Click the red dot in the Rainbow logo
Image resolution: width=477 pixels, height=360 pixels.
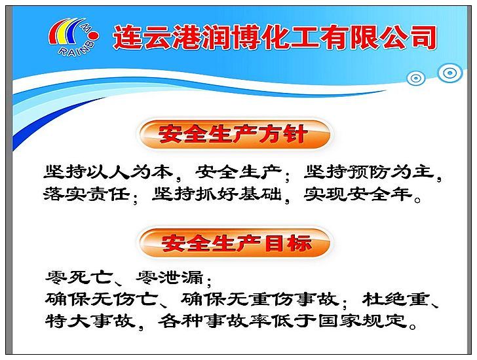94,36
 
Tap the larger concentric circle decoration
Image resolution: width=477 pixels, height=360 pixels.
449,73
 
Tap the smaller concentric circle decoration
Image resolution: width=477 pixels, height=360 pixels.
415,78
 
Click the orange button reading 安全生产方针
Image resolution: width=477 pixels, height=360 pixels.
235,134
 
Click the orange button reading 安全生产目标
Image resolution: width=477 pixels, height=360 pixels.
235,243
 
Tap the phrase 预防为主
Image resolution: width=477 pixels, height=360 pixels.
391,172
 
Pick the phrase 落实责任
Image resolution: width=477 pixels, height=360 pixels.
86,194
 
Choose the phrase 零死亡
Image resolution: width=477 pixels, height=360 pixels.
79,277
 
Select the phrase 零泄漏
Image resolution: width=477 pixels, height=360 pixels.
170,277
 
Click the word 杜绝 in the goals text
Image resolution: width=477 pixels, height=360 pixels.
384,299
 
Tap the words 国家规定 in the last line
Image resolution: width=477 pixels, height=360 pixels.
362,321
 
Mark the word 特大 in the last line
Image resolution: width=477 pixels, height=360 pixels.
67,321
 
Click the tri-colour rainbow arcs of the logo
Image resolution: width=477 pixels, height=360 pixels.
66,32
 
